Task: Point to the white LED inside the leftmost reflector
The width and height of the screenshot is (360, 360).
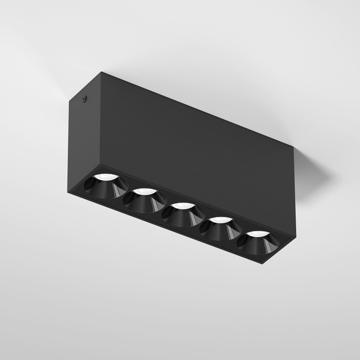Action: pos(106,176)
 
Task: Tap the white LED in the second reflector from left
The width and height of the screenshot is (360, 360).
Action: pos(143,192)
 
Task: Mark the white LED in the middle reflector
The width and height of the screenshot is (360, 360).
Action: pos(181,206)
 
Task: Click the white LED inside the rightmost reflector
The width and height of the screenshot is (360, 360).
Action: pos(255,234)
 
